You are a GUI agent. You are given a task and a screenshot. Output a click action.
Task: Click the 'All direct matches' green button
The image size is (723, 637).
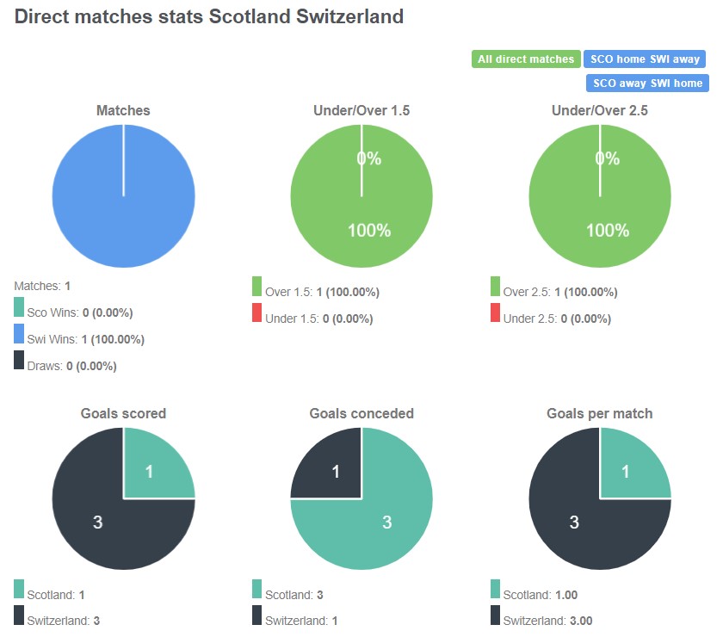click(x=525, y=59)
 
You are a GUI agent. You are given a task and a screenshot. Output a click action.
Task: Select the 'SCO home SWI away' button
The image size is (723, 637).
click(x=644, y=59)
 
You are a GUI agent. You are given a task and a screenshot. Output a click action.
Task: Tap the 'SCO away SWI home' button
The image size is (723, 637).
click(x=646, y=83)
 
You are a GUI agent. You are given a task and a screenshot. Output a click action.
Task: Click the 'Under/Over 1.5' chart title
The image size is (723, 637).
click(x=361, y=110)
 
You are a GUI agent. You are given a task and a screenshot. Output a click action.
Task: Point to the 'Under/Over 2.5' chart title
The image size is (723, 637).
click(x=599, y=110)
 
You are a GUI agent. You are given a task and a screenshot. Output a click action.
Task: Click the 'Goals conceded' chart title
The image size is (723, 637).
click(x=361, y=413)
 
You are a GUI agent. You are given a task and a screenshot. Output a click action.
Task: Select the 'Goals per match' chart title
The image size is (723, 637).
click(x=599, y=413)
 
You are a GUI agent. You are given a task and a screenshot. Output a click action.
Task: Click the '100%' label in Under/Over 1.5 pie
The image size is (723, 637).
click(x=369, y=230)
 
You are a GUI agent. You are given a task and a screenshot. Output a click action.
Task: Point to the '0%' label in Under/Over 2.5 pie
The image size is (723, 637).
click(x=607, y=158)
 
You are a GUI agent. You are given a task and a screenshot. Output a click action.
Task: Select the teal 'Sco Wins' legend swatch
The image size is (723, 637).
click(x=19, y=308)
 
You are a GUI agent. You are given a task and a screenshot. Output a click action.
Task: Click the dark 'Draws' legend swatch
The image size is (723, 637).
click(x=19, y=362)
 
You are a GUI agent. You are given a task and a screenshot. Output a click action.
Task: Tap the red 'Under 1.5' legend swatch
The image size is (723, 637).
click(x=256, y=313)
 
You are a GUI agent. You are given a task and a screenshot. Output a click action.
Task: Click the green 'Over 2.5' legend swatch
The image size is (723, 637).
click(x=495, y=287)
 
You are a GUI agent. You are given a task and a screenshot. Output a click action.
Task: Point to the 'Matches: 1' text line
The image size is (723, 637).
click(x=42, y=285)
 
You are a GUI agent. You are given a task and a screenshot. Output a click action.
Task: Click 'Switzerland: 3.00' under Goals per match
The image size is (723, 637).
click(x=547, y=621)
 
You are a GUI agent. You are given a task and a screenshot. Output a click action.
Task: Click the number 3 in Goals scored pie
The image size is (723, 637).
click(x=97, y=522)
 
